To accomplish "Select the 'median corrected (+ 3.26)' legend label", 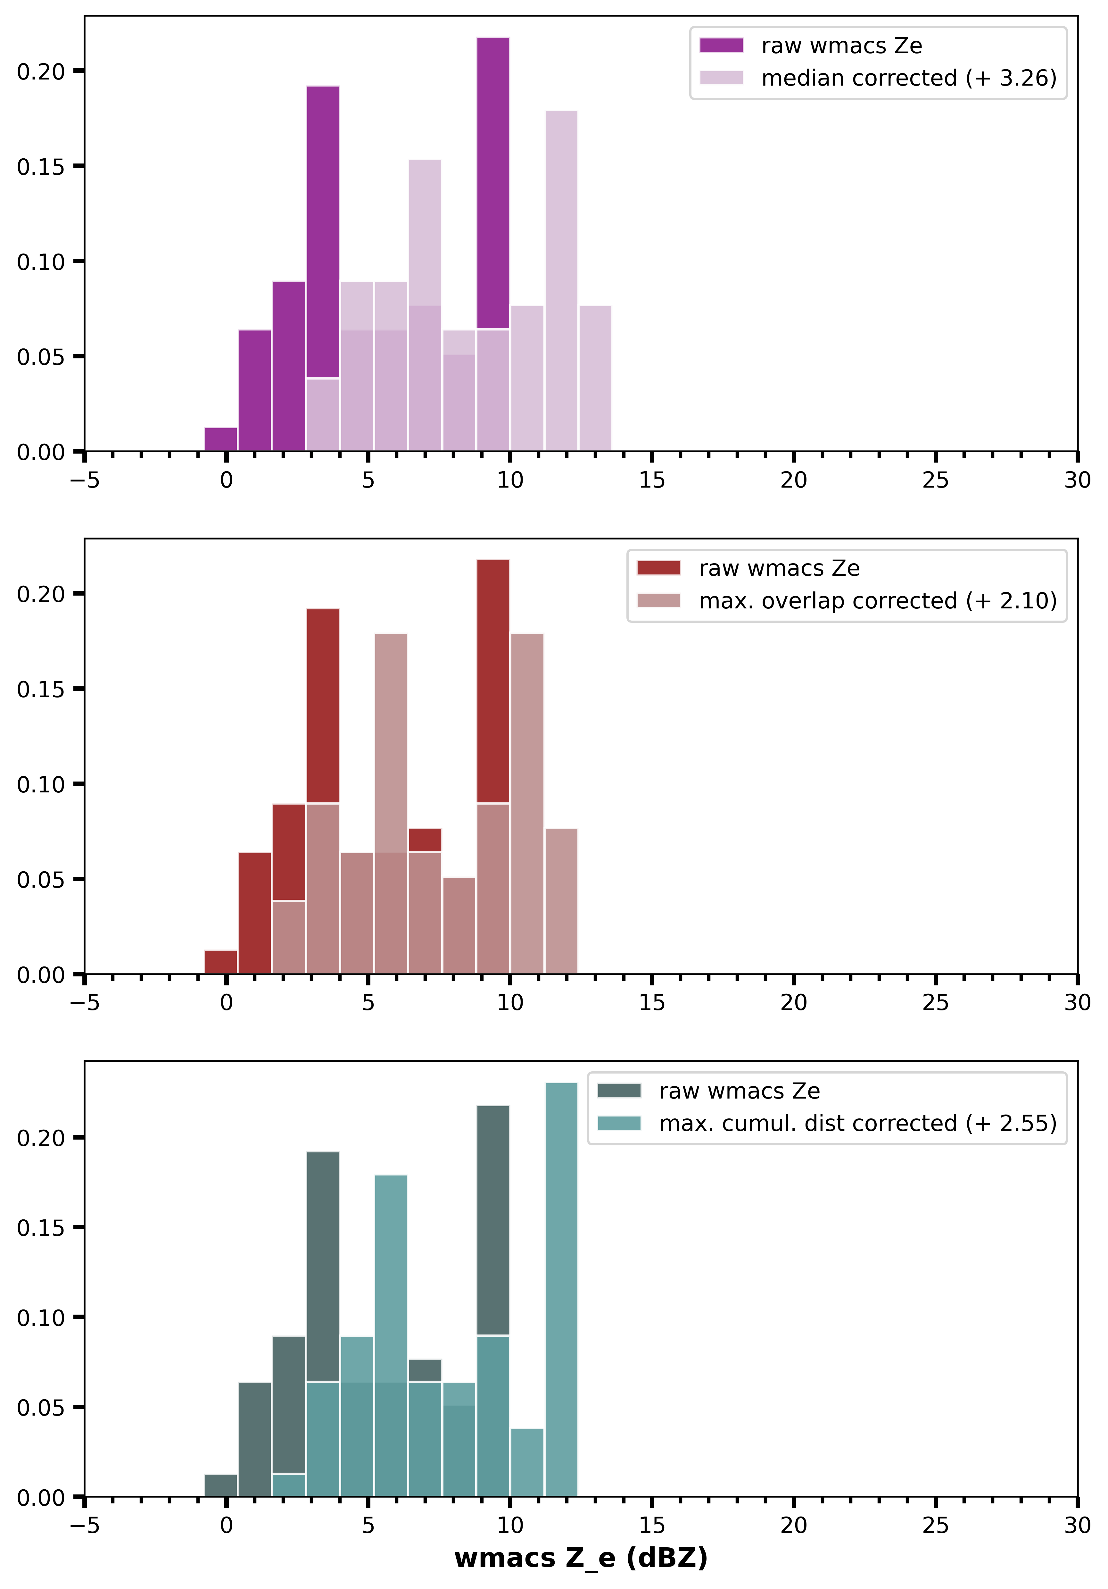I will pos(909,78).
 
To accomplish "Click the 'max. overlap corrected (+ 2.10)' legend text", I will pos(878,601).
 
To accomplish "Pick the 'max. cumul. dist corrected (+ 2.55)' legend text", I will pos(858,1123).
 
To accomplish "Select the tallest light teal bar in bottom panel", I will pos(561,1287).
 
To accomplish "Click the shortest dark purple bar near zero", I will pos(221,439).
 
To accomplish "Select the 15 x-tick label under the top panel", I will pos(651,480).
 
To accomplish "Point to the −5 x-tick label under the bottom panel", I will pos(84,1525).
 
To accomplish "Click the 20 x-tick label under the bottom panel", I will pos(793,1525).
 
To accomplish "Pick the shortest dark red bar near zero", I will pos(221,962).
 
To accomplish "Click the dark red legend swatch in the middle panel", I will pos(658,568).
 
